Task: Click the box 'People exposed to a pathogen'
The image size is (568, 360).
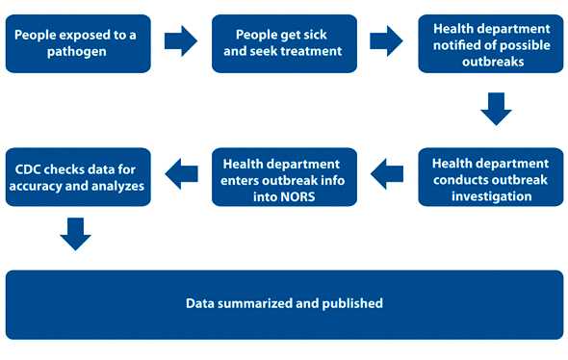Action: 77,43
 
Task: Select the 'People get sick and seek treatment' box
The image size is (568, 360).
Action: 284,43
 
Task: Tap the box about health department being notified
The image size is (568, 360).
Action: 490,43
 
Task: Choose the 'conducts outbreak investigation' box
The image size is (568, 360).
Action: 490,177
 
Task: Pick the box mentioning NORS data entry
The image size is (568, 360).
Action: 284,177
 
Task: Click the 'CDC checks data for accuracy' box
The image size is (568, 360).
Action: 77,177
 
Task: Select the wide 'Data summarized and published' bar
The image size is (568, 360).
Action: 284,304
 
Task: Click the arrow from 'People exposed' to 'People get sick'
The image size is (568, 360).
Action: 180,40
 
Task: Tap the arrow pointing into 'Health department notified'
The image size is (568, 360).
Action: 386,40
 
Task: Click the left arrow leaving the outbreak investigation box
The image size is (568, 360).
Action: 387,173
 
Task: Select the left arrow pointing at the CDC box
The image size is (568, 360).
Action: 181,173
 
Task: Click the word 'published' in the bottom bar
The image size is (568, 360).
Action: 351,304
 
